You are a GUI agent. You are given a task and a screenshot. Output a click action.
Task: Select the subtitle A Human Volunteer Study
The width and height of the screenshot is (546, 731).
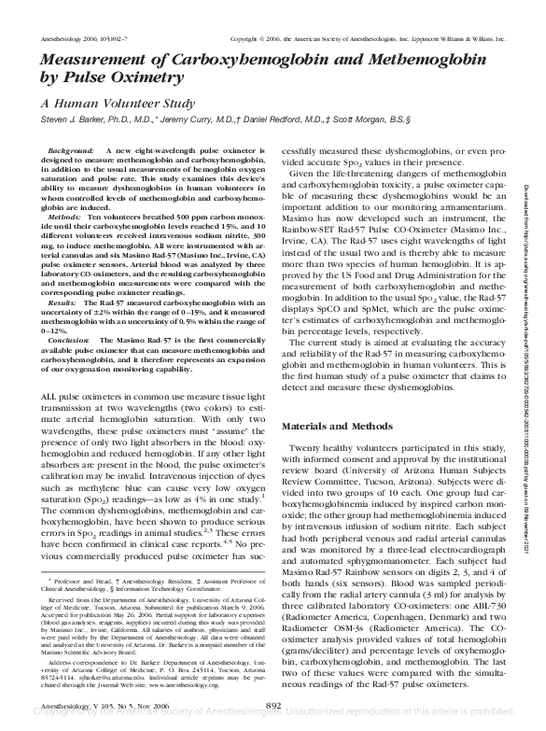coord(117,105)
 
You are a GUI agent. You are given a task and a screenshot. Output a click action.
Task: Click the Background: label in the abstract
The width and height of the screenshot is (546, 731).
coord(70,150)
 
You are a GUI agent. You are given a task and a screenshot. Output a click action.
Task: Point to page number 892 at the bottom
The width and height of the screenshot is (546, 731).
coord(273,706)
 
